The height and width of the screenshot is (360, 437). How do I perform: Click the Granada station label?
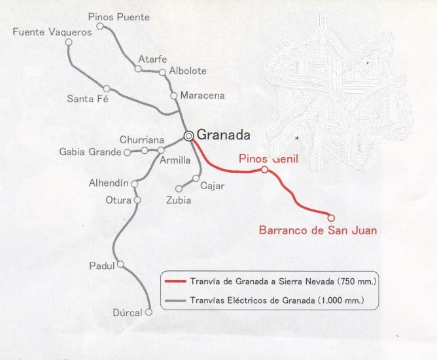224,135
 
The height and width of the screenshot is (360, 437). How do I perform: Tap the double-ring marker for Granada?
188,136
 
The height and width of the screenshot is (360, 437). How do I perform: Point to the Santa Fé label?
87,99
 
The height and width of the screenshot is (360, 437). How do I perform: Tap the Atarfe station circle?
138,68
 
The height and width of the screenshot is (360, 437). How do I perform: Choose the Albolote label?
188,71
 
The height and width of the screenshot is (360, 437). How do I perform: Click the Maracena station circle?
174,96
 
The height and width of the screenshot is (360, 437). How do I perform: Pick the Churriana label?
142,140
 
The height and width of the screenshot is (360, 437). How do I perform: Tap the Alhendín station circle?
134,184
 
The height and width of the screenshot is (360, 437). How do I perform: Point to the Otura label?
118,200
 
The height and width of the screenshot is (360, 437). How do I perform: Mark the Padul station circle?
120,265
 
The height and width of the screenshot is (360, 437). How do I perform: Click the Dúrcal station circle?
149,312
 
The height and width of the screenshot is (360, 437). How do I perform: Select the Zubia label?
179,200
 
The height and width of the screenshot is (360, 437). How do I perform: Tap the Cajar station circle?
196,178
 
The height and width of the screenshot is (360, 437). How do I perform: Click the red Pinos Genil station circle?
264,170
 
